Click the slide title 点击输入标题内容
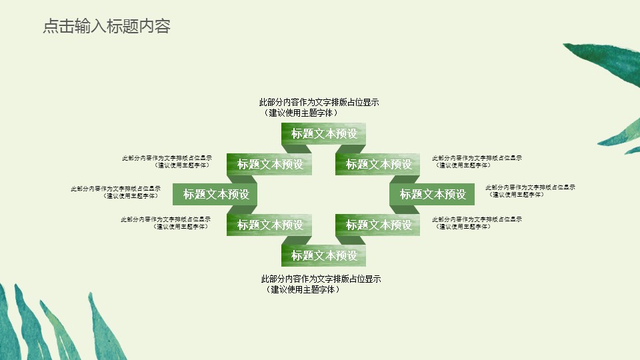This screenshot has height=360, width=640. [x=107, y=27]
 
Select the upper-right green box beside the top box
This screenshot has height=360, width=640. [x=378, y=164]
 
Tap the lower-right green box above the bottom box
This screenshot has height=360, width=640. [x=378, y=225]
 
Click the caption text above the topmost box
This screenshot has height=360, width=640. [x=319, y=107]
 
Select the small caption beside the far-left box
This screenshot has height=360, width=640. [x=116, y=192]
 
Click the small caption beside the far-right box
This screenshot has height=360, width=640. [x=530, y=191]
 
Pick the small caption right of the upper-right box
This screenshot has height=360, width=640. [x=477, y=161]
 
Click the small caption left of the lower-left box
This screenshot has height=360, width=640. [x=166, y=223]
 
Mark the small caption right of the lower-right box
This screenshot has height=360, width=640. [x=477, y=223]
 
